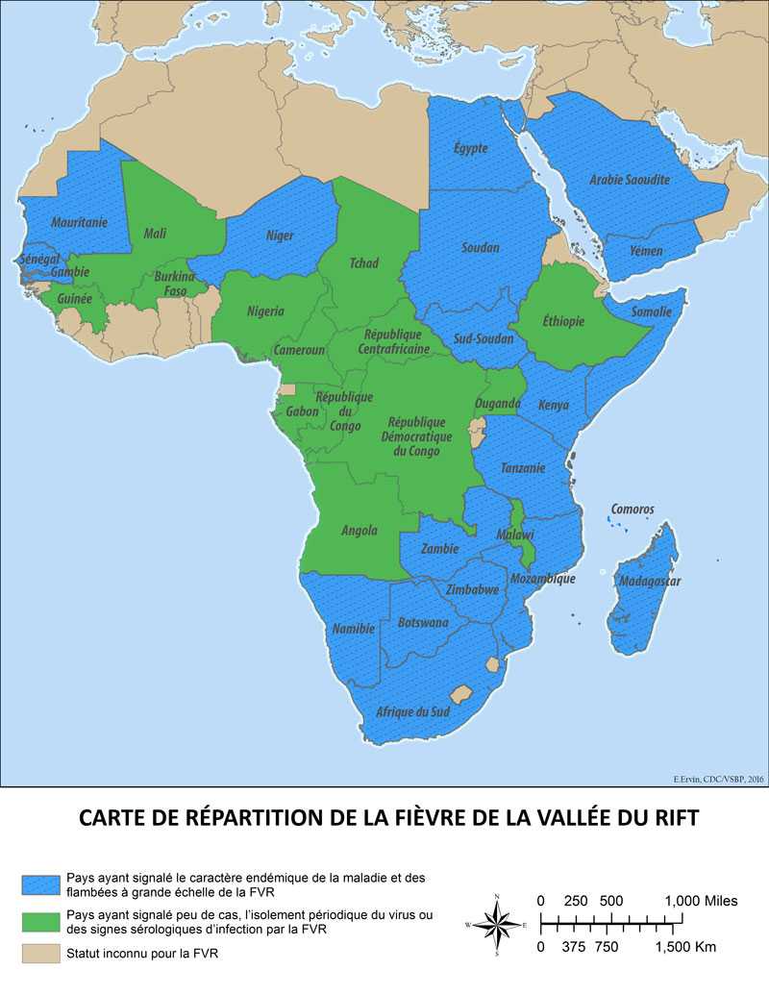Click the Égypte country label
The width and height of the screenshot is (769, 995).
point(471,148)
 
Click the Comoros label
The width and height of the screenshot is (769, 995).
point(633,509)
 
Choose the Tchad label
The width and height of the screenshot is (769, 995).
point(363,262)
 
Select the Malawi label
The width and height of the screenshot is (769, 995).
point(515,535)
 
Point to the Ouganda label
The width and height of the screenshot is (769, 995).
point(498,403)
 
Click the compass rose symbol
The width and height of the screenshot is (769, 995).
point(496,927)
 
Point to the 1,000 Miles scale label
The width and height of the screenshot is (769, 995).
point(701,901)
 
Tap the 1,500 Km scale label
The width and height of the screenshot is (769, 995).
point(686,947)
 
